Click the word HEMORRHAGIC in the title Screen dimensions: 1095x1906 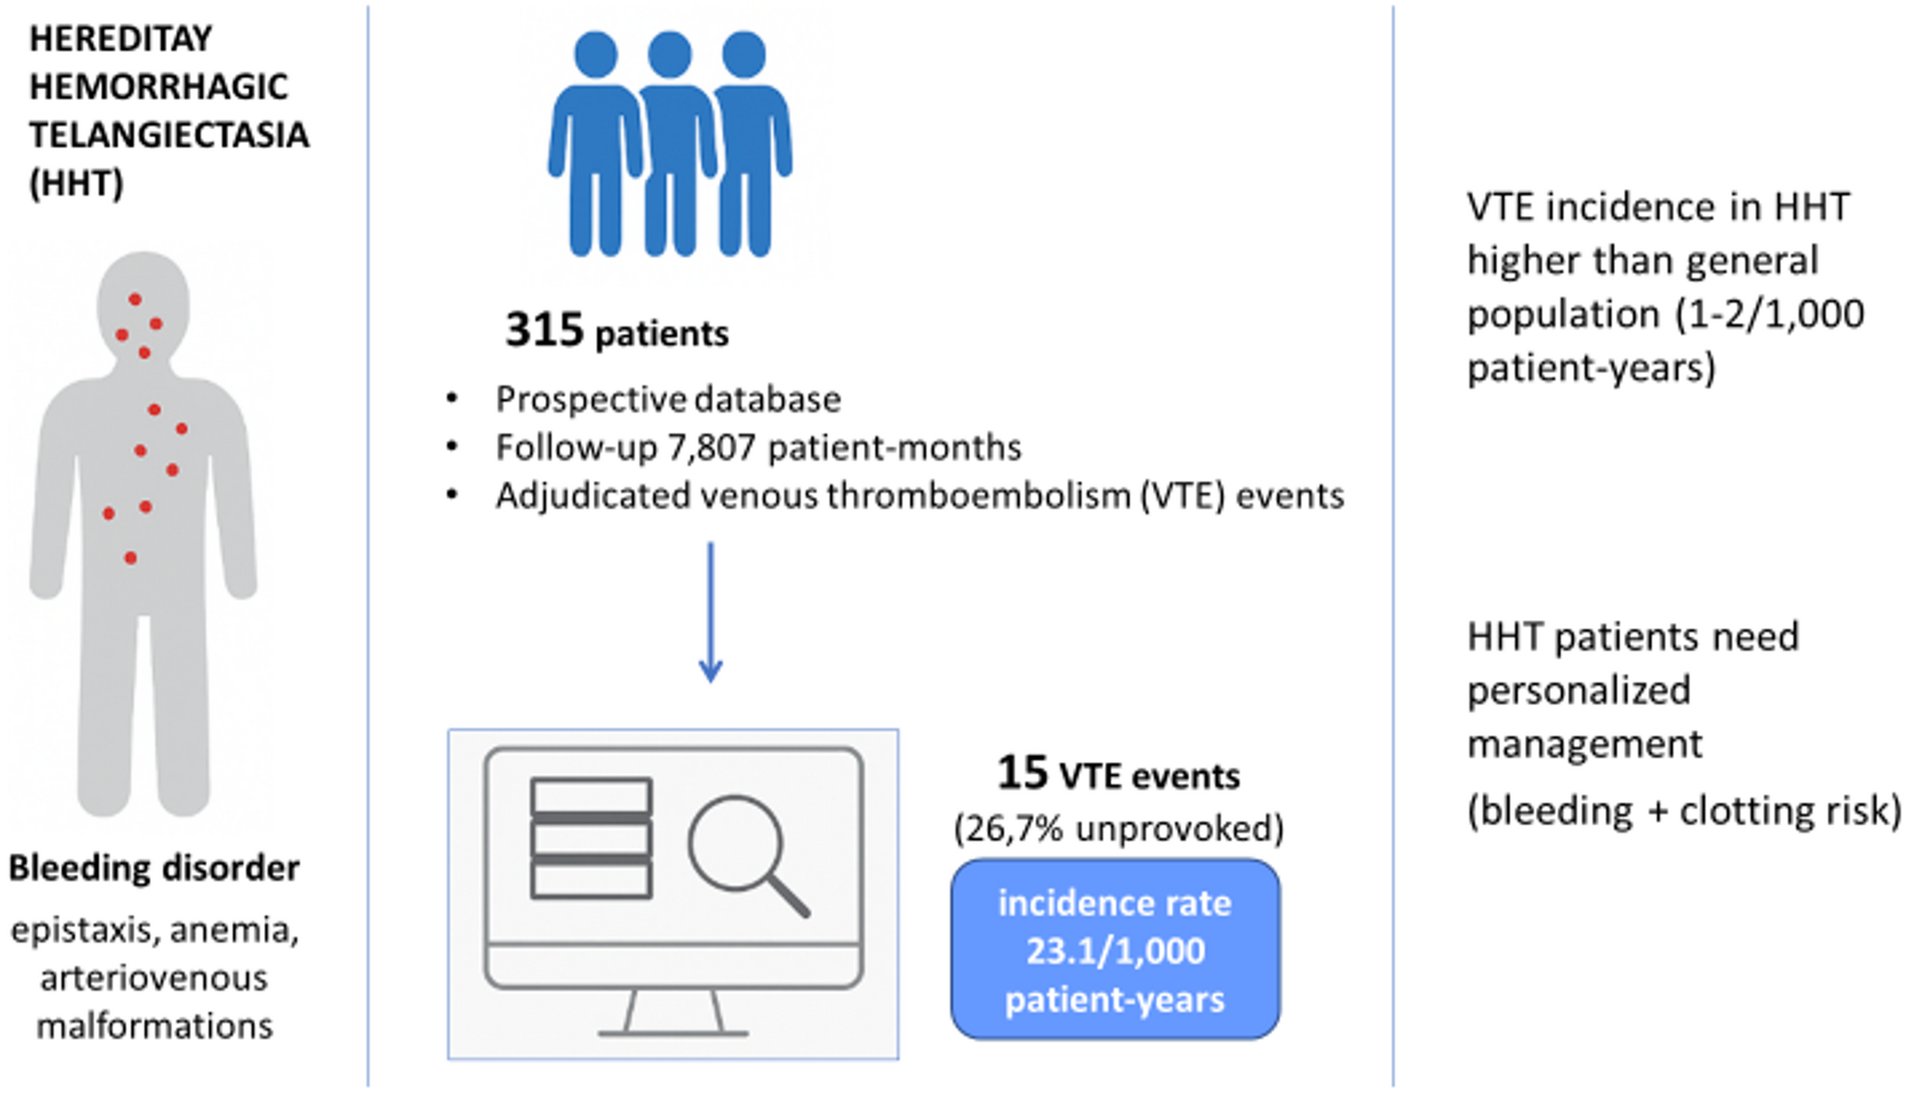point(159,87)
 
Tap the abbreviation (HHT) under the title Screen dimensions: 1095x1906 point(76,183)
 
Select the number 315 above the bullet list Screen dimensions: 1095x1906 point(544,330)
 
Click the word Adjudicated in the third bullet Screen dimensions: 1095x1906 point(592,496)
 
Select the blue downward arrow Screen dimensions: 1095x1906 point(710,612)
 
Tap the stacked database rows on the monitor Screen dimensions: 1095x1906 point(591,838)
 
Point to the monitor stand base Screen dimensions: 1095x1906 point(673,1030)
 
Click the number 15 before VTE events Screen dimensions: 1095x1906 point(1023,773)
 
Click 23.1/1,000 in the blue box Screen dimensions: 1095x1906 point(1115,950)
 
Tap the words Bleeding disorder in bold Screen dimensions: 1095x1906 point(154,869)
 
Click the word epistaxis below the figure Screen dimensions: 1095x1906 point(83,930)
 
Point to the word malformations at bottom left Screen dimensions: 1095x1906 point(155,1026)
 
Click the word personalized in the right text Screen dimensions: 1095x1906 point(1579,691)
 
